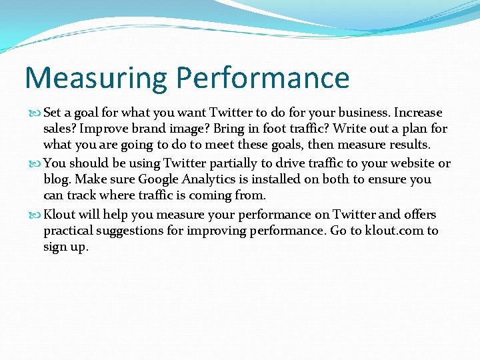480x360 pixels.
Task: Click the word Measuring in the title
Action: coord(96,77)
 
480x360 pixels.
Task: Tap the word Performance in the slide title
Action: coord(263,77)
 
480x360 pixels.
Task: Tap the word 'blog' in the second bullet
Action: coord(57,179)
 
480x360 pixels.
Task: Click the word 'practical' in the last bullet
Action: coord(70,231)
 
